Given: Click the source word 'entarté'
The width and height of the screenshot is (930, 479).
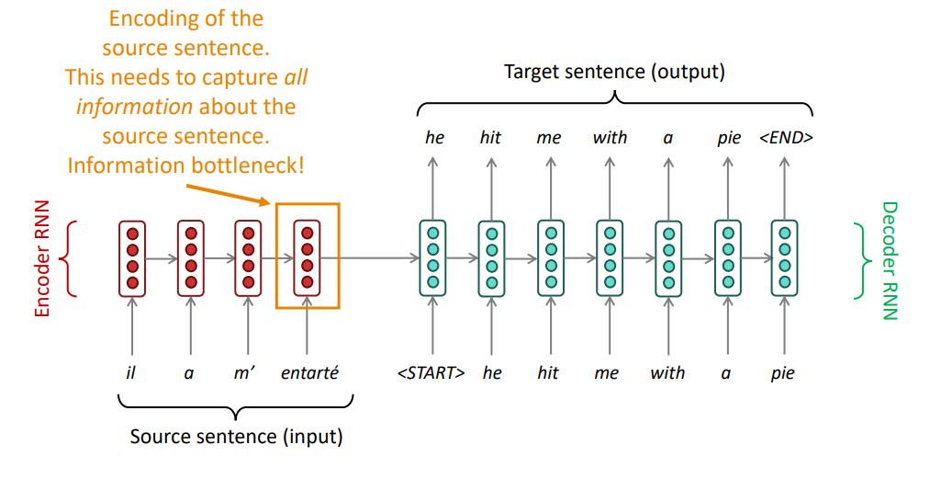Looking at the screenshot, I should (308, 373).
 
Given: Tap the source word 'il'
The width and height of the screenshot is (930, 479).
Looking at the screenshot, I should (131, 373).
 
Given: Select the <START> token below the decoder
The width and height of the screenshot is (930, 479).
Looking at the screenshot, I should (431, 373).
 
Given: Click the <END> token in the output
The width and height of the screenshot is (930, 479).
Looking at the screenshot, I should (786, 138).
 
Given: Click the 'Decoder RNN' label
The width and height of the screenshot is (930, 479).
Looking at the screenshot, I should (889, 260).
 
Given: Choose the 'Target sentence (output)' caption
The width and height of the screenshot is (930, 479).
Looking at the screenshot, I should (614, 72).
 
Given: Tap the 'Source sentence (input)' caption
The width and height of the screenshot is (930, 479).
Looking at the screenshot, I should (236, 437).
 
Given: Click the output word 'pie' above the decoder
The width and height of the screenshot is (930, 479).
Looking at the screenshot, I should (728, 138).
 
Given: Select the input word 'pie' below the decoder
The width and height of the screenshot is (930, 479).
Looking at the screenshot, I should (783, 373).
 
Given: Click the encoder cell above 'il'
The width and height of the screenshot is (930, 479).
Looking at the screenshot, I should (132, 258).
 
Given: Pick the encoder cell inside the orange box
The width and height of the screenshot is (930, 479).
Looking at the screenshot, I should (308, 258).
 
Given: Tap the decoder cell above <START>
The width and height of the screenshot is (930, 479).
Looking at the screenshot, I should (432, 258).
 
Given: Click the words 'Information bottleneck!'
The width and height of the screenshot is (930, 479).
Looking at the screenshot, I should (186, 166).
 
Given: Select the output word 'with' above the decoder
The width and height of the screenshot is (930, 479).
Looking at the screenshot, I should (610, 138).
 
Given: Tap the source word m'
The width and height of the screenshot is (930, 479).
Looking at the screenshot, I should (247, 373).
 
